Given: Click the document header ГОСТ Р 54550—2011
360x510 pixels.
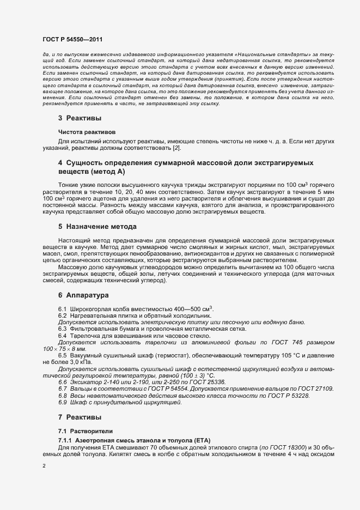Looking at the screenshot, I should (x=72, y=40).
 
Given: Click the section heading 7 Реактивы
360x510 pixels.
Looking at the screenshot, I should (x=80, y=417).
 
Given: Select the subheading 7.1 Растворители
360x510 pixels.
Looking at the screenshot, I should (x=83, y=431).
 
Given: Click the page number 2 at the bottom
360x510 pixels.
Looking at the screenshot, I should (x=44, y=466).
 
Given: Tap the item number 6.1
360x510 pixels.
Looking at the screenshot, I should (x=62, y=308).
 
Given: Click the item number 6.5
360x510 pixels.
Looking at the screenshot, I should (x=62, y=355).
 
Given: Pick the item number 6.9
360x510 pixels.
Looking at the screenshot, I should (x=62, y=403).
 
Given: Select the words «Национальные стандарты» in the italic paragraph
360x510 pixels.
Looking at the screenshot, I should (x=276, y=55).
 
